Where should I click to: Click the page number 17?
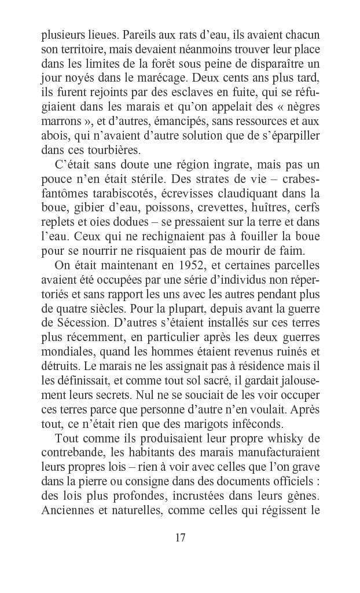pyautogui.click(x=180, y=537)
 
